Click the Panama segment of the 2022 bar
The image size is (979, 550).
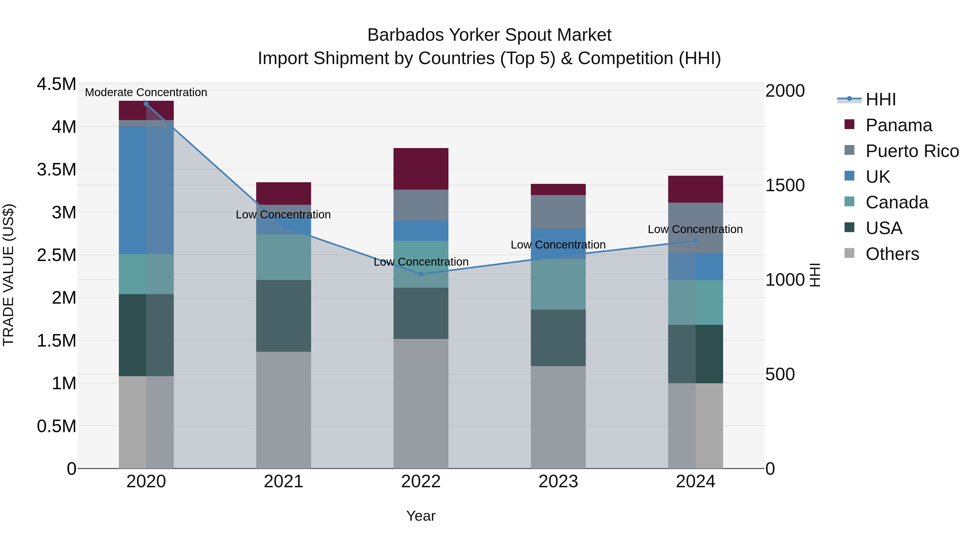[x=421, y=168]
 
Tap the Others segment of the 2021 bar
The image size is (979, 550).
[x=284, y=410]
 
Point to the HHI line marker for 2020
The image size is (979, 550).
[x=146, y=104]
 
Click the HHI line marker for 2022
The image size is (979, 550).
[x=421, y=274]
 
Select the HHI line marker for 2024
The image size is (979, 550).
[x=695, y=241]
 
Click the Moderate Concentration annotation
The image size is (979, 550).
[x=146, y=92]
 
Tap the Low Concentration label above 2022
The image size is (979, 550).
[x=421, y=262]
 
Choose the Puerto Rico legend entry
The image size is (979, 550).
[x=912, y=151]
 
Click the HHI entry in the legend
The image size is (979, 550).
[x=881, y=99]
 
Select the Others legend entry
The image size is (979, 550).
[x=892, y=254]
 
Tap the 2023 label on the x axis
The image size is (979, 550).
[x=558, y=482]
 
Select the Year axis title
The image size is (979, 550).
[x=421, y=516]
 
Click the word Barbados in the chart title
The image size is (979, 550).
[x=405, y=35]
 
